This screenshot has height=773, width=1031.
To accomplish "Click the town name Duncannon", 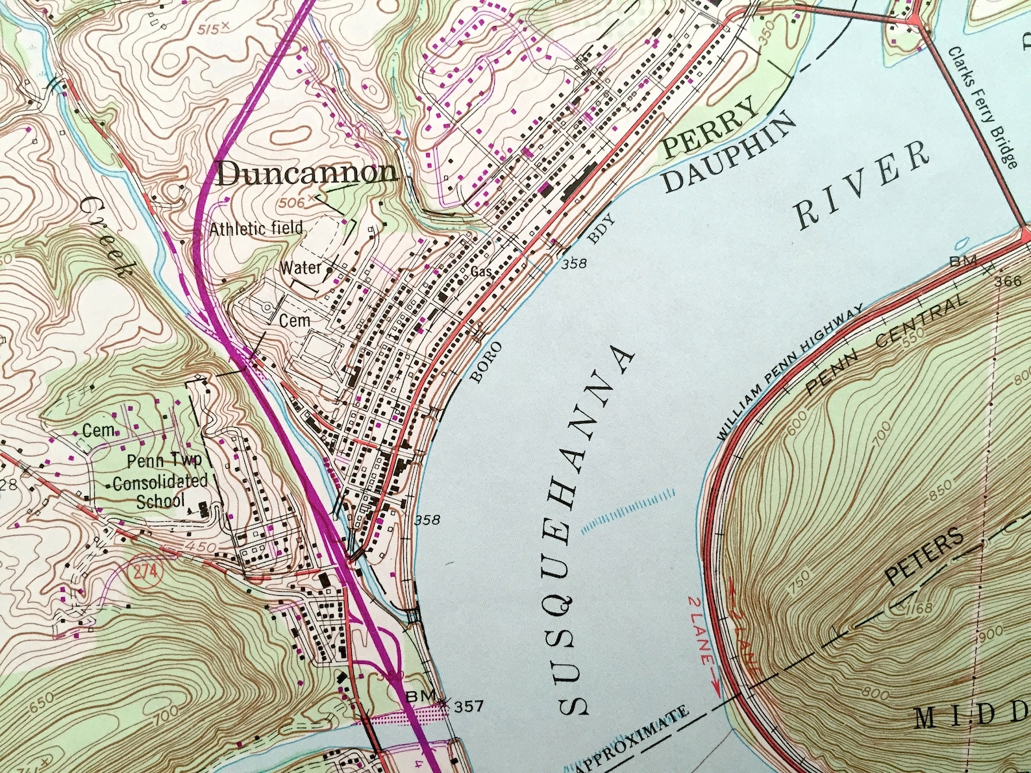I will (306, 173).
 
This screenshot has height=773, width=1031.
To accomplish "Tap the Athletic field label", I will (256, 228).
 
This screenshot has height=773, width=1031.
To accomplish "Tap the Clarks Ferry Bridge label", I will (982, 107).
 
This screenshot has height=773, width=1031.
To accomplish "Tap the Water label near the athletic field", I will (300, 267).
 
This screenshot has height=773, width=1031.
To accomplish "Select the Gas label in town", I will (481, 271).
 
